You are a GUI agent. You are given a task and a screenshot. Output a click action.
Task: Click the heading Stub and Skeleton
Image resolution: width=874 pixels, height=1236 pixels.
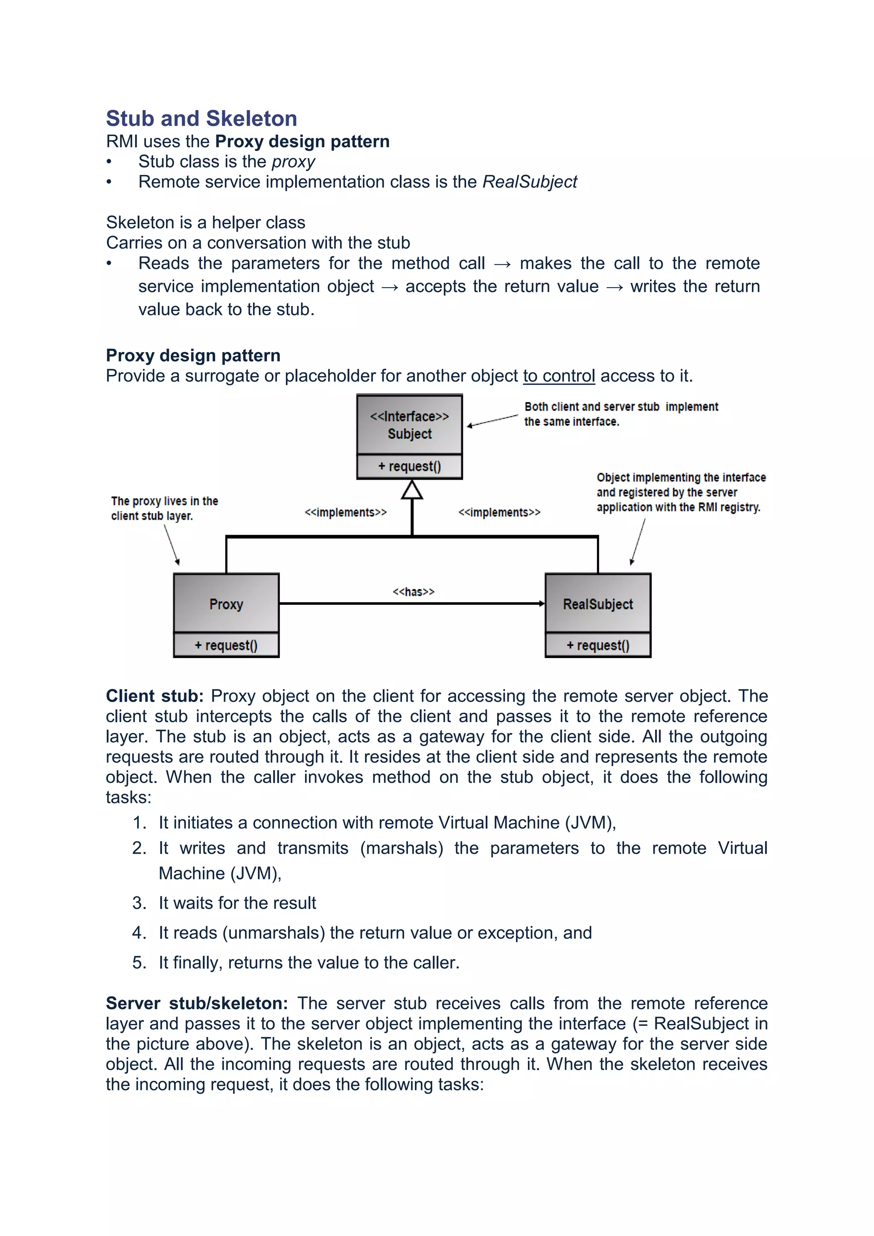pyautogui.click(x=201, y=118)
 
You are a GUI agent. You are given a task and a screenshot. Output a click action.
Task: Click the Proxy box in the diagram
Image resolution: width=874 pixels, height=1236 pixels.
pyautogui.click(x=226, y=603)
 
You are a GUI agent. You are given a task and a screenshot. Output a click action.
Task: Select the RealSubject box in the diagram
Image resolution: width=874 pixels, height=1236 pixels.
pyautogui.click(x=597, y=603)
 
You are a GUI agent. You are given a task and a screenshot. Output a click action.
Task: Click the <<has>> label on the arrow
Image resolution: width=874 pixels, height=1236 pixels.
pyautogui.click(x=414, y=592)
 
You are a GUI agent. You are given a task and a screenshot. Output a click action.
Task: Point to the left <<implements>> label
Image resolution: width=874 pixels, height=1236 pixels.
pyautogui.click(x=346, y=512)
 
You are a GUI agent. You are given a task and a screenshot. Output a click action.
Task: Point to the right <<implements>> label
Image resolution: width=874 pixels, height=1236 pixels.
pyautogui.click(x=499, y=512)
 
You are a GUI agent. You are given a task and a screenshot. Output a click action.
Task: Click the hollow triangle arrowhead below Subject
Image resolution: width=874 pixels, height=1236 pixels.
pyautogui.click(x=412, y=490)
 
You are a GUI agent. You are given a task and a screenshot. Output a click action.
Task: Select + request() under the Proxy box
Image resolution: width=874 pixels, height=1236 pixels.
pyautogui.click(x=226, y=645)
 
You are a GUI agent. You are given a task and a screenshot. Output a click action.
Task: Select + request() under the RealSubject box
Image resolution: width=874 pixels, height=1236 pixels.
pyautogui.click(x=597, y=645)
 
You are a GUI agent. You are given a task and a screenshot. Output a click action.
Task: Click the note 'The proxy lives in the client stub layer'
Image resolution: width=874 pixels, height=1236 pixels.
pyautogui.click(x=164, y=508)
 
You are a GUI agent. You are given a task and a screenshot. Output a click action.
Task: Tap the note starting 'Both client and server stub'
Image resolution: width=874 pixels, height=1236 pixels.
pyautogui.click(x=621, y=414)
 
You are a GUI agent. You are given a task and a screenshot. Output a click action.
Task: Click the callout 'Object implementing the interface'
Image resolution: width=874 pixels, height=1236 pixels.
pyautogui.click(x=680, y=492)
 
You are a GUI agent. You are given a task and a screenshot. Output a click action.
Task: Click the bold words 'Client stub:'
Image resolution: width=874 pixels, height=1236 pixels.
pyautogui.click(x=154, y=696)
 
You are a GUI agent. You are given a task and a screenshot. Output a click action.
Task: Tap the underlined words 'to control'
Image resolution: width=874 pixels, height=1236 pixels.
pyautogui.click(x=559, y=376)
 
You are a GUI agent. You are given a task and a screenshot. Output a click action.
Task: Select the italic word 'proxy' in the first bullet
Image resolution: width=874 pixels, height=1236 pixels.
pyautogui.click(x=293, y=161)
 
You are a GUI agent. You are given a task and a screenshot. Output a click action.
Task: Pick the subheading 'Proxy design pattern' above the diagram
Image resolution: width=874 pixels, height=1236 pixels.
pyautogui.click(x=192, y=355)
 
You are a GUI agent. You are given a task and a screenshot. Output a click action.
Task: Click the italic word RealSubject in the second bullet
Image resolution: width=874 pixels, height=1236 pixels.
pyautogui.click(x=530, y=182)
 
